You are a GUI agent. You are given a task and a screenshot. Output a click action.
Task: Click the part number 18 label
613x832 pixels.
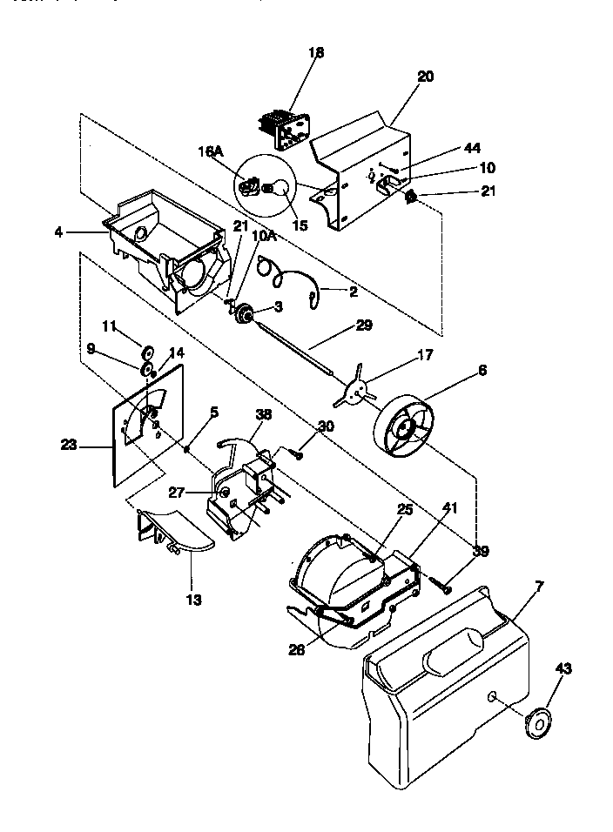316,53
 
